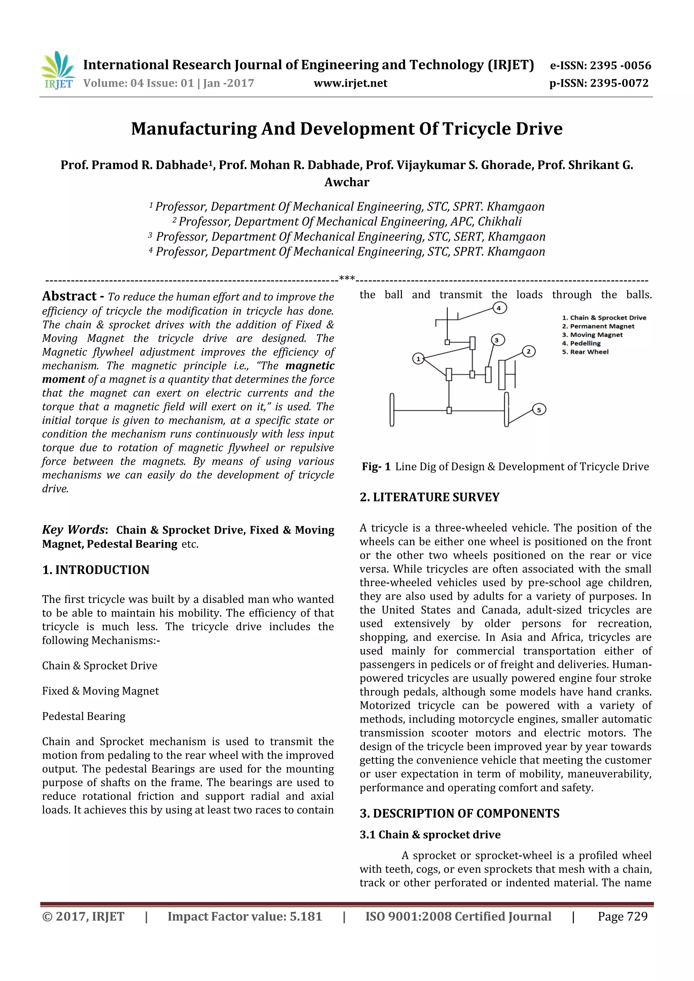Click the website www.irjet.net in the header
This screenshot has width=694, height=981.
(x=350, y=83)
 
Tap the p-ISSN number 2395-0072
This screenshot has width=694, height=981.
(x=619, y=83)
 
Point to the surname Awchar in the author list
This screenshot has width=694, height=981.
(x=347, y=183)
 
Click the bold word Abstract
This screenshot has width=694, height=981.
(x=69, y=296)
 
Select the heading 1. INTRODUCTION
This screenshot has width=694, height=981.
(x=96, y=570)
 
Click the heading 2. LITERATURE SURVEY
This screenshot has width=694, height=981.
(x=429, y=497)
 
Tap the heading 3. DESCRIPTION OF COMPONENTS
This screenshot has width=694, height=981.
(x=459, y=813)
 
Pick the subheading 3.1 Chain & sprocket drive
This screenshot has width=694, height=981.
(x=430, y=834)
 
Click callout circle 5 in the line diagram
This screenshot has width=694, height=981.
(x=539, y=410)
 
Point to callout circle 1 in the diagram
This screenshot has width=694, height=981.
(x=419, y=359)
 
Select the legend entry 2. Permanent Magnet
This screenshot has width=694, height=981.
(x=598, y=326)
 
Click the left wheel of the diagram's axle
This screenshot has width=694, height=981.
(x=392, y=410)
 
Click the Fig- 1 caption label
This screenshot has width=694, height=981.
(x=376, y=467)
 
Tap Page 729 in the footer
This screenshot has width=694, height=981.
(x=622, y=916)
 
